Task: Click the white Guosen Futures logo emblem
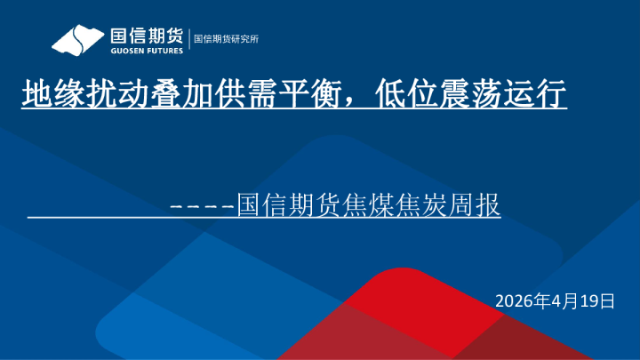click(77, 40)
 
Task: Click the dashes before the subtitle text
click(202, 206)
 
